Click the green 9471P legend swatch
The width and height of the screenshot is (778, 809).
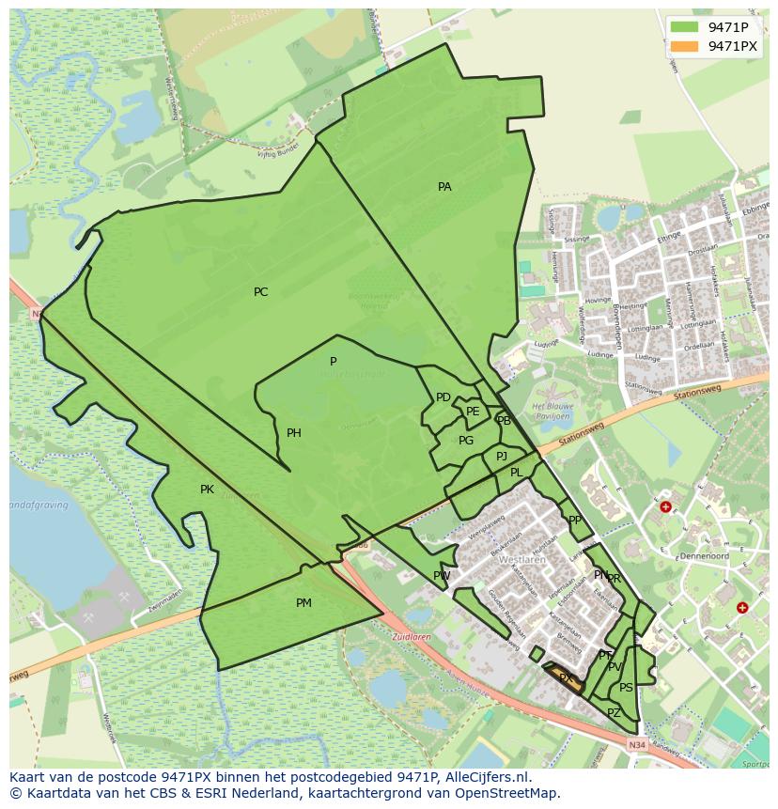click(684, 27)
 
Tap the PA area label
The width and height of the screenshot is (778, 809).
click(444, 187)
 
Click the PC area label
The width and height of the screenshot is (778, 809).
click(260, 292)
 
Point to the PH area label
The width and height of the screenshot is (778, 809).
click(294, 433)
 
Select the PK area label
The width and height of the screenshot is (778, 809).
click(207, 490)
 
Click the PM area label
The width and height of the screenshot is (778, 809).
click(303, 603)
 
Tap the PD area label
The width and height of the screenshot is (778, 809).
click(443, 397)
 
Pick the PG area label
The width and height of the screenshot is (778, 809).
click(466, 441)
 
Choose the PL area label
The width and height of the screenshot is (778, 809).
click(516, 473)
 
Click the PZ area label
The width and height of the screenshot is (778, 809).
click(614, 713)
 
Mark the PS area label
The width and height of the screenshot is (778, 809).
click(626, 688)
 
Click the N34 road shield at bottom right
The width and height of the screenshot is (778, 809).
click(637, 745)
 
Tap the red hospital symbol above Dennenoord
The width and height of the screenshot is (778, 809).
click(665, 506)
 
